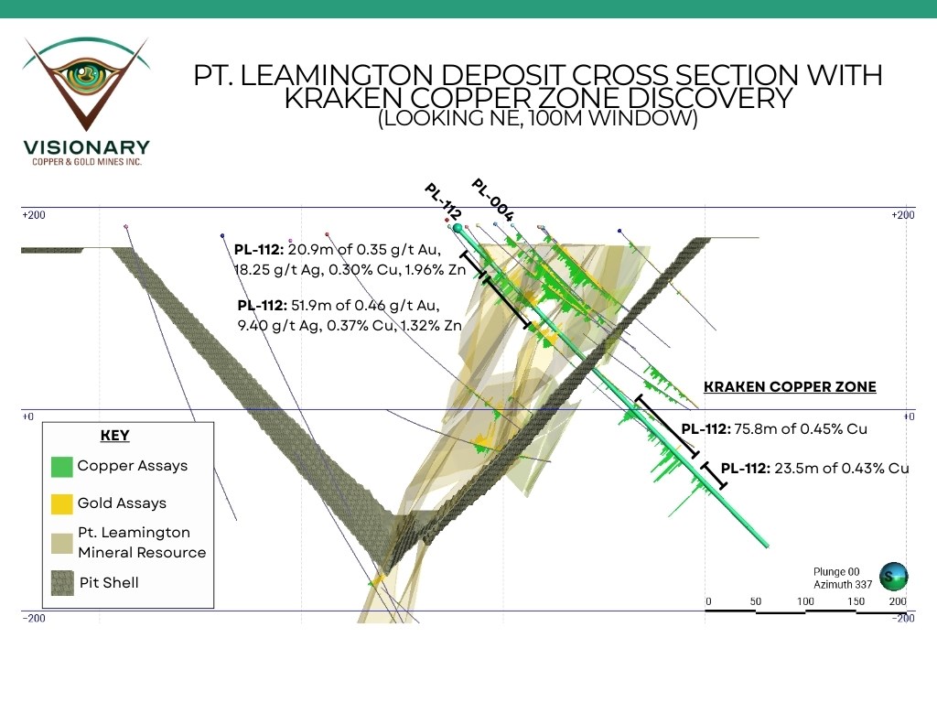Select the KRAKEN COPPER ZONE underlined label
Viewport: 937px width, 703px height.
pos(789,387)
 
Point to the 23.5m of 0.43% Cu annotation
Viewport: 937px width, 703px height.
pos(814,468)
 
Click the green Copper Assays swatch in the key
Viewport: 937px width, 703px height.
pos(61,466)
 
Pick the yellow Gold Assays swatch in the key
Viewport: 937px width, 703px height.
pos(61,503)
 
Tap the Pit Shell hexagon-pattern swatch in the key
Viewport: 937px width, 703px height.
pos(61,582)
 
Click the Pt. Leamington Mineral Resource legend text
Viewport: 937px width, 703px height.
pos(141,542)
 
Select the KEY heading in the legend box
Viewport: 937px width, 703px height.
pos(114,436)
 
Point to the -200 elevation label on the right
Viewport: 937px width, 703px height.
pos(903,618)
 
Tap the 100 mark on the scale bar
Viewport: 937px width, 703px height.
pos(806,600)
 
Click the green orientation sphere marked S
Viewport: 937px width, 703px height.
pos(893,576)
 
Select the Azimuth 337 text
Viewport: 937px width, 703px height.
pos(837,584)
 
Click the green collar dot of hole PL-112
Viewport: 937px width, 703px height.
pos(458,227)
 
